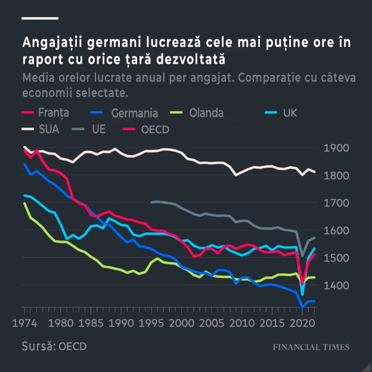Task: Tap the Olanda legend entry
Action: [x=197, y=112]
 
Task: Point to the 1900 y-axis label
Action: [x=335, y=148]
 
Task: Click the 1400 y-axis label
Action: [x=335, y=286]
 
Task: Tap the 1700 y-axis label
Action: [x=335, y=203]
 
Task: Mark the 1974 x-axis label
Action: [x=24, y=324]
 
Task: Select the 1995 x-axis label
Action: [x=153, y=324]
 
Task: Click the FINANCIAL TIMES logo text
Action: [x=311, y=347]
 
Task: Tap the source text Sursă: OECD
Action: [x=54, y=346]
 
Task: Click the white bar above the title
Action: [x=40, y=18]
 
